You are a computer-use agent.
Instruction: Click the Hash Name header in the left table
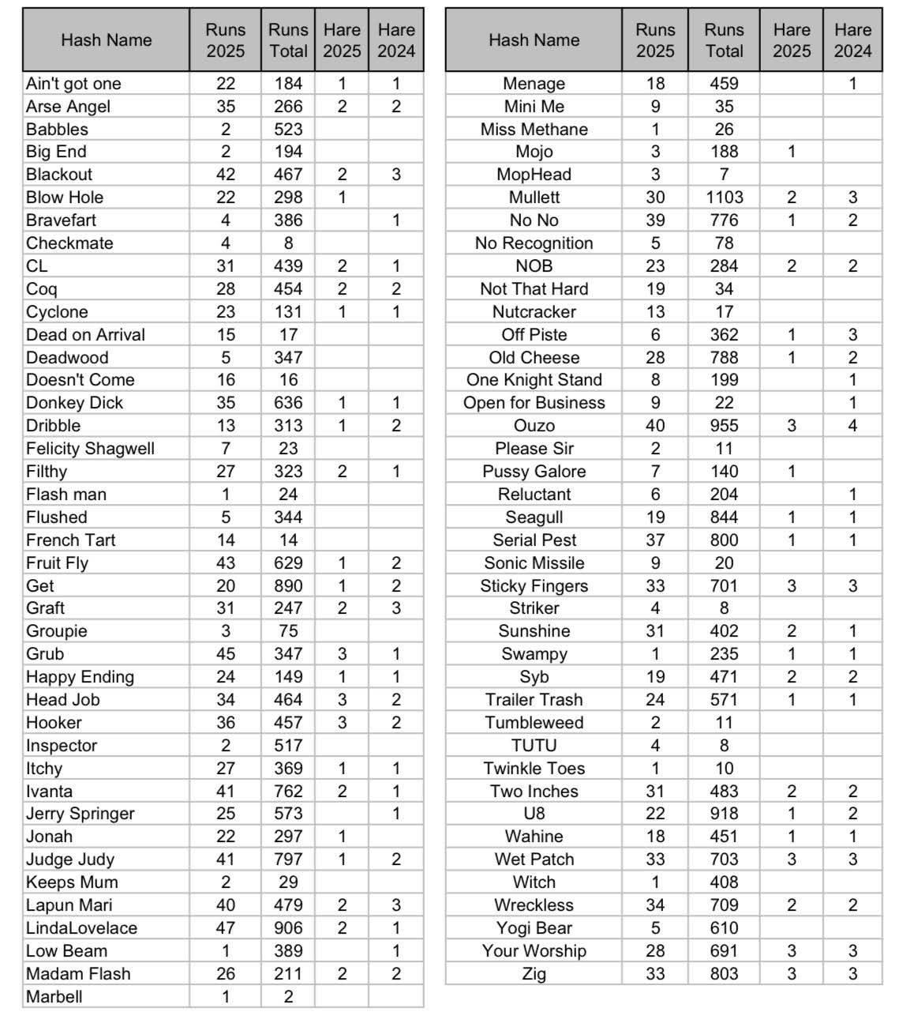click(x=106, y=40)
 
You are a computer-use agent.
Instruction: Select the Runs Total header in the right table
click(x=724, y=40)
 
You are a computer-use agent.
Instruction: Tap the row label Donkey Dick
click(x=74, y=403)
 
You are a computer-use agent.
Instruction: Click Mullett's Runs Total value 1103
click(x=724, y=197)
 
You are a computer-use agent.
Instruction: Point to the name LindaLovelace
click(x=81, y=928)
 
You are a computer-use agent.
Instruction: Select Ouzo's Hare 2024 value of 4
click(x=852, y=426)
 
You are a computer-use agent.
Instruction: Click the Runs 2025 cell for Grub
click(x=226, y=654)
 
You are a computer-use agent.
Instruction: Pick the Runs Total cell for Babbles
click(x=288, y=130)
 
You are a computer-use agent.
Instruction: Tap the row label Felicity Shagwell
click(x=90, y=449)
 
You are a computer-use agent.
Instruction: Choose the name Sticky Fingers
click(x=534, y=586)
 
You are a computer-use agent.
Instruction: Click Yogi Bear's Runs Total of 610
click(x=724, y=928)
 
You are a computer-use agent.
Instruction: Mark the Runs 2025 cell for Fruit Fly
click(x=226, y=563)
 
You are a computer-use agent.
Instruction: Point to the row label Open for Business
click(x=534, y=403)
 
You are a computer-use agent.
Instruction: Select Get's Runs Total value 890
click(x=288, y=586)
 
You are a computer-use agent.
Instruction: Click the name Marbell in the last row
click(x=54, y=997)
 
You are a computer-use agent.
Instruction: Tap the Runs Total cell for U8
click(x=724, y=814)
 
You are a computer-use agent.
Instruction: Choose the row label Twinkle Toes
click(x=534, y=769)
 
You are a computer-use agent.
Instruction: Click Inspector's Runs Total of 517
click(x=288, y=746)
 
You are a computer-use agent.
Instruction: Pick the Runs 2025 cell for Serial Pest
click(x=655, y=540)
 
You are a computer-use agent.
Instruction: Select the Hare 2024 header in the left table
click(x=396, y=40)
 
